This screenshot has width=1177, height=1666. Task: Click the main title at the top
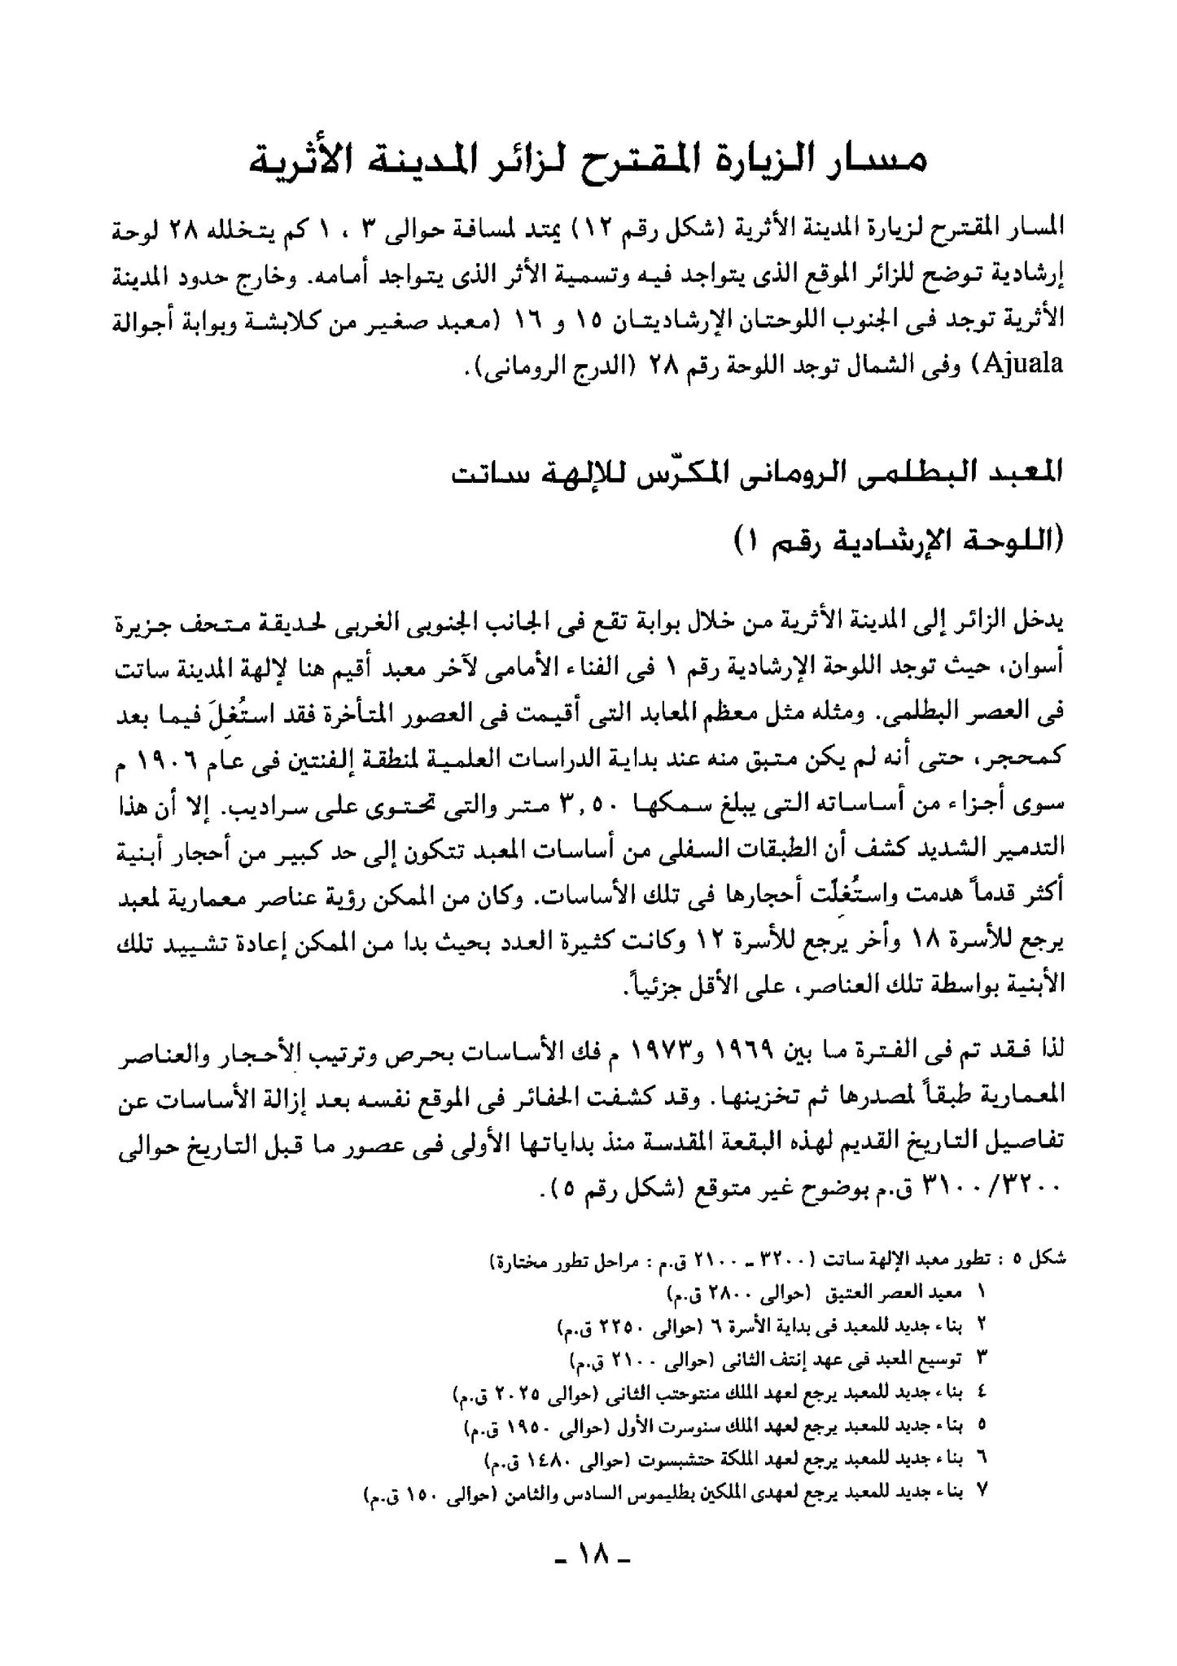pyautogui.click(x=588, y=159)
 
